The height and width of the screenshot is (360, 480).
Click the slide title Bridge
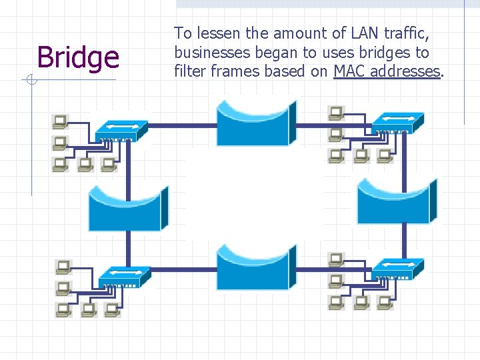(x=78, y=57)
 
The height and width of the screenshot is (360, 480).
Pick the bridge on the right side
(x=397, y=201)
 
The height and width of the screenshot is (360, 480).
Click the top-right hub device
(x=397, y=122)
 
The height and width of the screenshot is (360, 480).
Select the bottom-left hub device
(x=125, y=276)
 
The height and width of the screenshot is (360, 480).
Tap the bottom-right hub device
(x=397, y=267)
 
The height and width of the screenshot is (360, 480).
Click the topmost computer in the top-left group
(x=60, y=121)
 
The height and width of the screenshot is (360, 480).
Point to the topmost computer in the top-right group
(x=335, y=112)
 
